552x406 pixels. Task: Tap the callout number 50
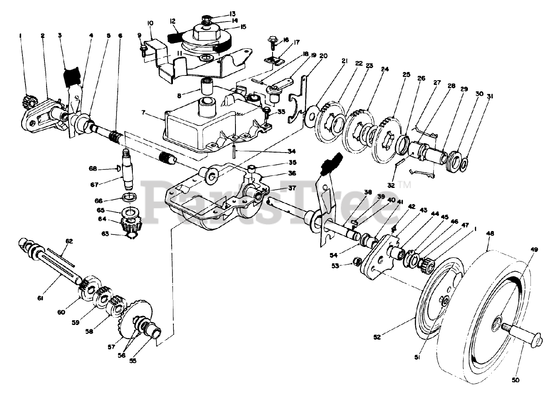coord(516,380)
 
